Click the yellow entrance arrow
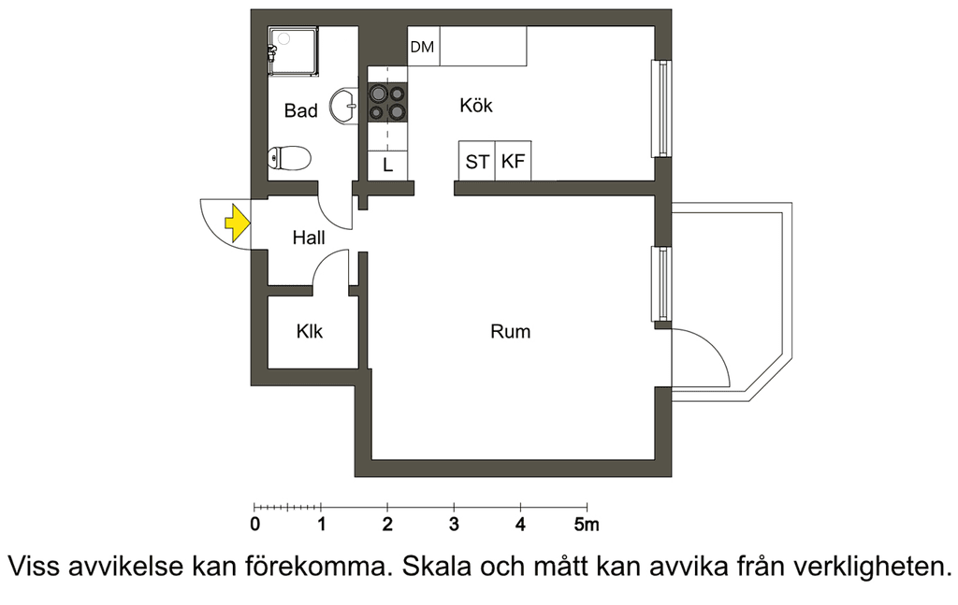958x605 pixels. coord(237,223)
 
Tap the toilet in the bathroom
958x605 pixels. coord(290,158)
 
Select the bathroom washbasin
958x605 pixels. coord(344,107)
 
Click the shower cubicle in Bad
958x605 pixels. coord(293,51)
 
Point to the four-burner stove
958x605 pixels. coord(387,102)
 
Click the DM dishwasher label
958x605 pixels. coord(422,47)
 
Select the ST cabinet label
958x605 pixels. coord(477,162)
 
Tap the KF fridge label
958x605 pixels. coord(514,161)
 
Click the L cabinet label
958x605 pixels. coord(387,166)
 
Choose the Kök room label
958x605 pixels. coord(476,105)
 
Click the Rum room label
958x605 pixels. coord(510,332)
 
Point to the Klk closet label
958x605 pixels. coord(309,332)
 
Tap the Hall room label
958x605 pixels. coord(309,238)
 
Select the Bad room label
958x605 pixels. coord(300,110)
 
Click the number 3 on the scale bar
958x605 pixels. coord(454,525)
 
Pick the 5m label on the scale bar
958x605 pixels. coord(587,525)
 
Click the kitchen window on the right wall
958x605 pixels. coord(662,108)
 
